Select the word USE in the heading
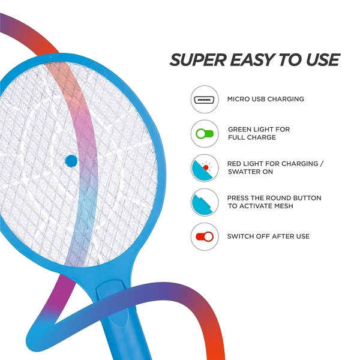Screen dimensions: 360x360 click(322, 60)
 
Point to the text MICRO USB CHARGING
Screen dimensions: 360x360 click(265, 99)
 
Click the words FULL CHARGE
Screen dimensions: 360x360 click(252, 137)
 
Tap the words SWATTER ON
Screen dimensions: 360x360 click(250, 172)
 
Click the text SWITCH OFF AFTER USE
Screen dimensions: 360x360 click(268, 236)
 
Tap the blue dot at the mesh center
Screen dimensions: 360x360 click(71, 160)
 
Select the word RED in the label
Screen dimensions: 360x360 click(235, 163)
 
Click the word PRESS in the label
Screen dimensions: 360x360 click(239, 197)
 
